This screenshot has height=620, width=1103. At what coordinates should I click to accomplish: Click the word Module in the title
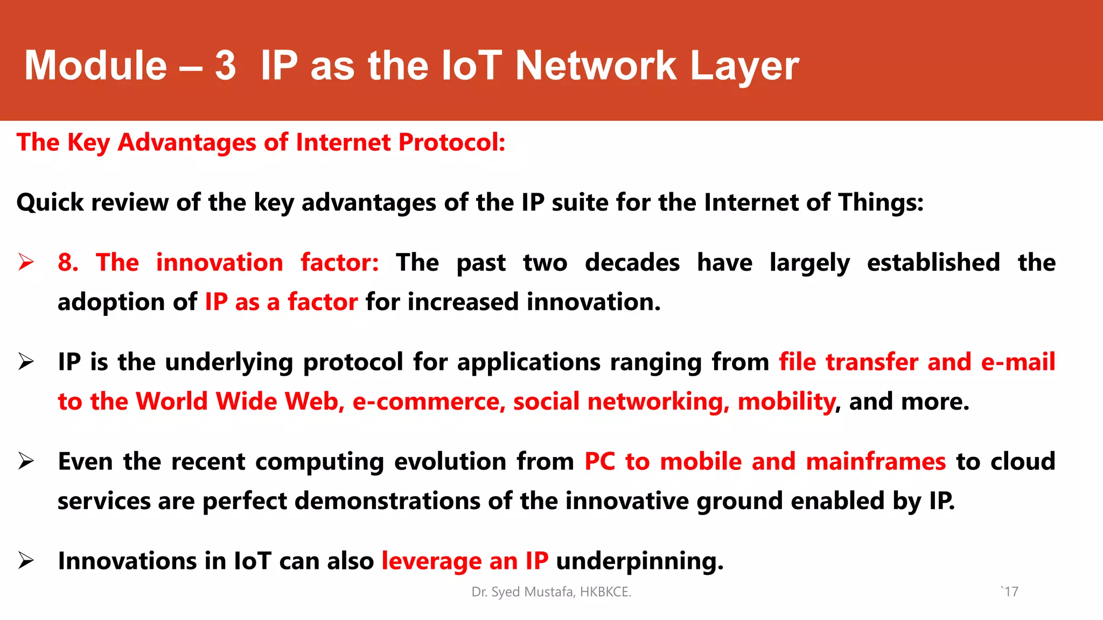tap(96, 66)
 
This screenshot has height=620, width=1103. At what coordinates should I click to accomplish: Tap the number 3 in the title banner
tap(225, 66)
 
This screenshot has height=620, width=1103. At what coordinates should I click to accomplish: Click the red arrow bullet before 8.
tap(26, 262)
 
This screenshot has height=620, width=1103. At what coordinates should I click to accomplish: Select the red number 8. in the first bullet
tap(68, 263)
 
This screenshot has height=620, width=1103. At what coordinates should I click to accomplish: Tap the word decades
tap(632, 263)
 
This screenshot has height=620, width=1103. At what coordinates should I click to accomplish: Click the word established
tap(933, 263)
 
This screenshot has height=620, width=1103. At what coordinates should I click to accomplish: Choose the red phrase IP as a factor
tap(281, 302)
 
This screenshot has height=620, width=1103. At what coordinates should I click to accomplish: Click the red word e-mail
tap(1017, 362)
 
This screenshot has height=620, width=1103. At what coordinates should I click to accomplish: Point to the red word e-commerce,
tap(429, 402)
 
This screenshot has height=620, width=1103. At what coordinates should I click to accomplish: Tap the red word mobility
tap(786, 402)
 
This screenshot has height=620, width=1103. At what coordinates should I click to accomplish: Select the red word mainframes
tap(876, 462)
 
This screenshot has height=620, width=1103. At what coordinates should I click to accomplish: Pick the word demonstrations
tap(387, 501)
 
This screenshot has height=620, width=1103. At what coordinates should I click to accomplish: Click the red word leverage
tap(431, 561)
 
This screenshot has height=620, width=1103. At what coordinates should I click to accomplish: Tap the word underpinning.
tap(639, 561)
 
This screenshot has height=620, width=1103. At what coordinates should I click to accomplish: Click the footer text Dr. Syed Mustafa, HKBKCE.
tap(551, 592)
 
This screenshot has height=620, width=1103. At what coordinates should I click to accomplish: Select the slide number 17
tap(1011, 592)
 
